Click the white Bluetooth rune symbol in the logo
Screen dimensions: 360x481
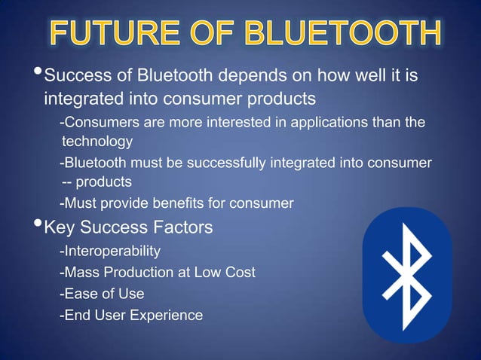(x=406, y=274)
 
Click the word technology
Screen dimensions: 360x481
(x=97, y=141)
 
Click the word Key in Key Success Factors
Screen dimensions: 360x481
(x=60, y=227)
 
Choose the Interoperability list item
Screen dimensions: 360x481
(x=110, y=250)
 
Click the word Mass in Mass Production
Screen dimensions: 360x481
(x=81, y=272)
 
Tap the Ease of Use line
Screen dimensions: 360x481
(x=102, y=294)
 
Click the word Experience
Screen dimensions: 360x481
(x=165, y=316)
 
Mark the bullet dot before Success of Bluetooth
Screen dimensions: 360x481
(x=37, y=74)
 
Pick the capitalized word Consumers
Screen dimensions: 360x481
(x=96, y=122)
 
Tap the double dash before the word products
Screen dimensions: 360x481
(x=68, y=182)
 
